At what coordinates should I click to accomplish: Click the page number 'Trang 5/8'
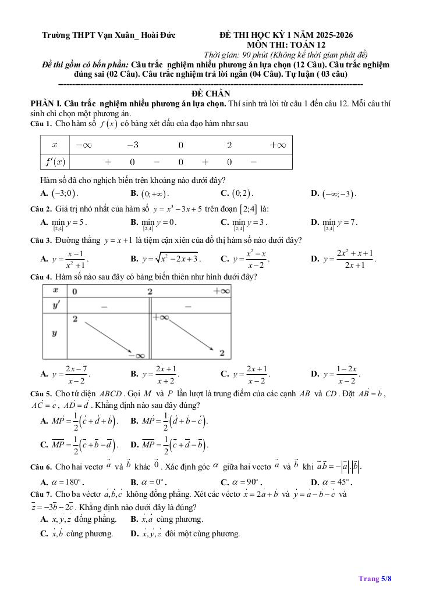point(375,578)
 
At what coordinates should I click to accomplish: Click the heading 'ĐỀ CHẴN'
point(211,94)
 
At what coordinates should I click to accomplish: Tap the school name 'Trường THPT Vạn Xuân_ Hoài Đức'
point(109,35)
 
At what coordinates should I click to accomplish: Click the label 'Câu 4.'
point(41,277)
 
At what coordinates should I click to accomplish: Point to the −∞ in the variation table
point(140,355)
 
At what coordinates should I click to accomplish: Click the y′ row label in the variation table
point(56,305)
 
